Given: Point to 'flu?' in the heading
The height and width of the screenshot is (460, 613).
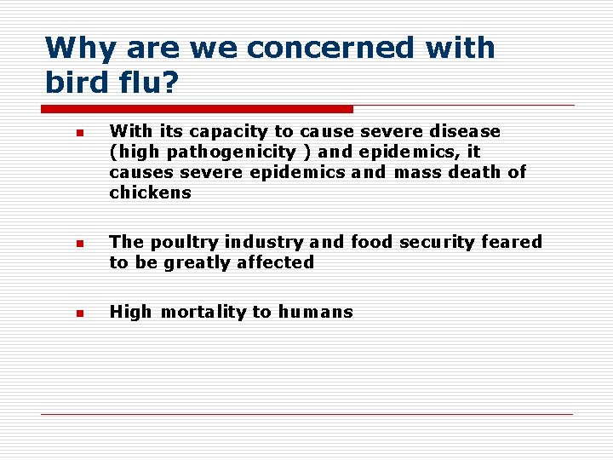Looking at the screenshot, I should [x=150, y=83].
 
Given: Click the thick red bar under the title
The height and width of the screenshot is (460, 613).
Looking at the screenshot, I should [x=197, y=109].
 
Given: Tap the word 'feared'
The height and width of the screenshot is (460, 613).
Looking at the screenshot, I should [x=512, y=242].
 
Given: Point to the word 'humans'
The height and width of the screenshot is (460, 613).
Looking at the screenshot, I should [x=314, y=312].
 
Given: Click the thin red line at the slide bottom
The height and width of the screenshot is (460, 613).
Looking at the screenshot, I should [x=306, y=415].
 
